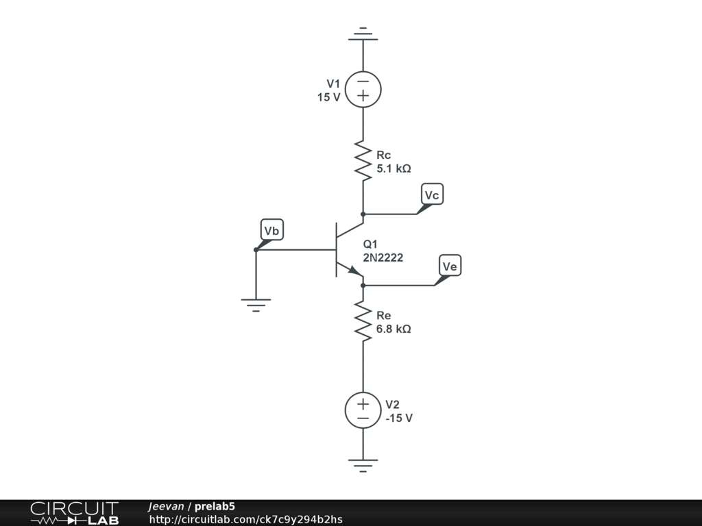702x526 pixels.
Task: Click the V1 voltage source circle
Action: pyautogui.click(x=363, y=89)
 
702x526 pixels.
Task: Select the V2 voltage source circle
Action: pyautogui.click(x=363, y=410)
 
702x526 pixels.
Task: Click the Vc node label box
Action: pyautogui.click(x=432, y=195)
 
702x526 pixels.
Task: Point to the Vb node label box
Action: pyautogui.click(x=272, y=231)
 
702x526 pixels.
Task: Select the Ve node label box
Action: pyautogui.click(x=450, y=266)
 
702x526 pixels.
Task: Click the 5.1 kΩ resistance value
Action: pyautogui.click(x=394, y=168)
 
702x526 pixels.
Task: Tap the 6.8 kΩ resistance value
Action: pyautogui.click(x=394, y=329)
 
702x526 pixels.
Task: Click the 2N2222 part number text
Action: pyautogui.click(x=383, y=258)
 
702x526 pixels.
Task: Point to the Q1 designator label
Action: pyautogui.click(x=370, y=245)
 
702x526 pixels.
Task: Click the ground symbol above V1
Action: pyautogui.click(x=363, y=34)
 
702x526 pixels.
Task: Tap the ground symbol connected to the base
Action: pyautogui.click(x=256, y=304)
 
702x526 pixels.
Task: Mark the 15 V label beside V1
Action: pyautogui.click(x=328, y=97)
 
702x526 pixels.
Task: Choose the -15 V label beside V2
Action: pyautogui.click(x=399, y=418)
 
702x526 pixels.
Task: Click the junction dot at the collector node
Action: pyautogui.click(x=363, y=214)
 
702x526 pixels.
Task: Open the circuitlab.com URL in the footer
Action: pyautogui.click(x=245, y=519)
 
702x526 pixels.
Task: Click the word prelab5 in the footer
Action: pyautogui.click(x=215, y=507)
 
